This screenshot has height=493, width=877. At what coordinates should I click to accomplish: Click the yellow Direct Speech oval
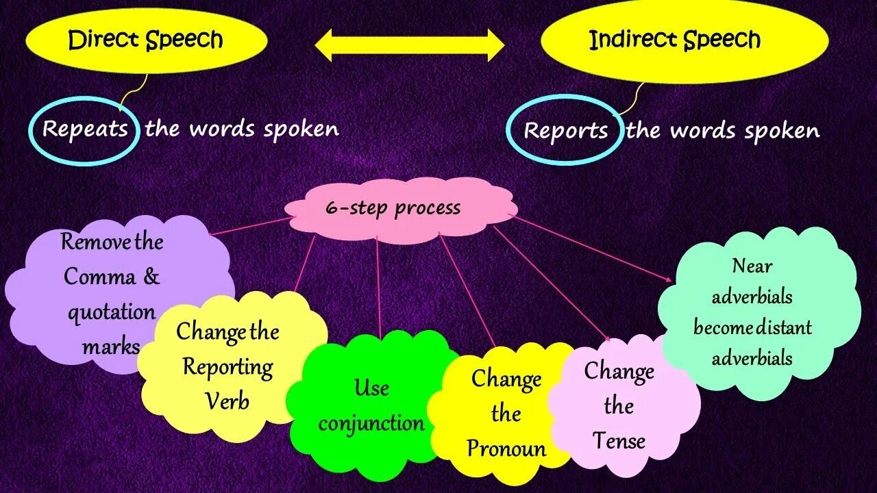(x=145, y=40)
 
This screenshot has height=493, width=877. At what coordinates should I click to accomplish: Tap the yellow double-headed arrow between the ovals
(x=410, y=45)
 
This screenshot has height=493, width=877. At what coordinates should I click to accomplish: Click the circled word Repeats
(x=85, y=129)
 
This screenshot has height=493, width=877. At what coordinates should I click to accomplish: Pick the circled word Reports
(x=565, y=131)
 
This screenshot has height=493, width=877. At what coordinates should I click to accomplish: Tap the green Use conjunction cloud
(x=371, y=405)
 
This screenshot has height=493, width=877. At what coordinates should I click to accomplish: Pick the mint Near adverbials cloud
(x=752, y=312)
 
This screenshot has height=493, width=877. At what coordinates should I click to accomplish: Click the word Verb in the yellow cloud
(x=228, y=401)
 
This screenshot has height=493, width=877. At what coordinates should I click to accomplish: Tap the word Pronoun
(x=507, y=448)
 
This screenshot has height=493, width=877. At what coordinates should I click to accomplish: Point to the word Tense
(x=619, y=440)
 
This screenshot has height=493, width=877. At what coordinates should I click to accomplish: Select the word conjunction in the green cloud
(x=371, y=423)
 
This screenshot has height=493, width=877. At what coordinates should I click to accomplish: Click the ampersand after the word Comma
(x=151, y=277)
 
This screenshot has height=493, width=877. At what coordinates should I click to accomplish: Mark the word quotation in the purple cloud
(x=111, y=312)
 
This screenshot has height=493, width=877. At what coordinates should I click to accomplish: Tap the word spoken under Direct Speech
(x=301, y=129)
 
